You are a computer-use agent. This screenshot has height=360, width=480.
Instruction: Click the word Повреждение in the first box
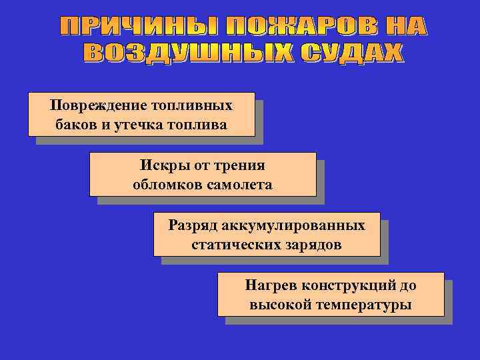[x=91, y=106]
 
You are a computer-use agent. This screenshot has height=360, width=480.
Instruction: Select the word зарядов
[x=313, y=245]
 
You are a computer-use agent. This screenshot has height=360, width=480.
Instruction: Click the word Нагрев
[x=271, y=286]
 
